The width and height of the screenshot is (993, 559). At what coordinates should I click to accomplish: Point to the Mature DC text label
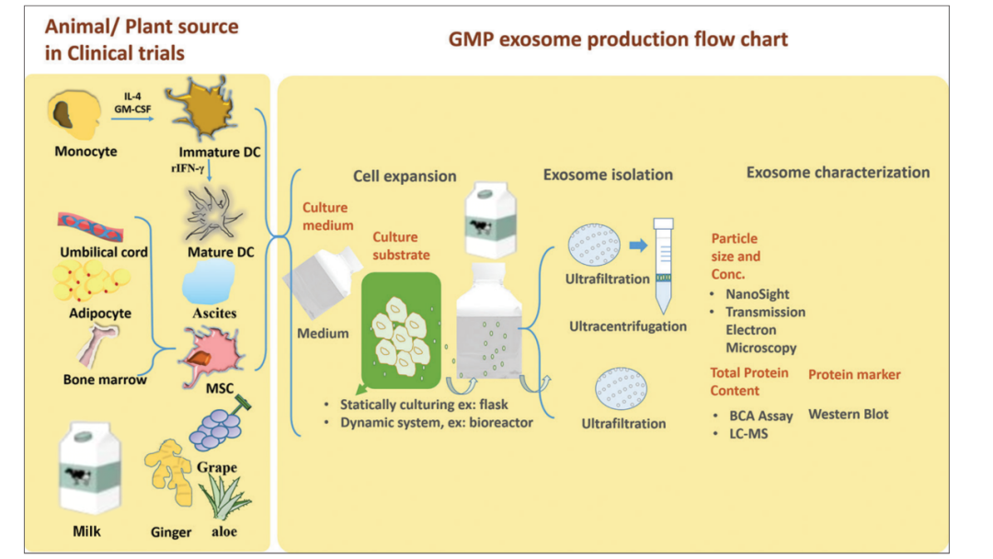[x=222, y=252]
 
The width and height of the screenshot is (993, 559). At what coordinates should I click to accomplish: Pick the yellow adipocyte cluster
[x=92, y=281]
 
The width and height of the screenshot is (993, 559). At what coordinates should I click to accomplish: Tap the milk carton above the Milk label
[x=90, y=470]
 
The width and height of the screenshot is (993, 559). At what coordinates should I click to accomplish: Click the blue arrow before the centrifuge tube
[x=637, y=246]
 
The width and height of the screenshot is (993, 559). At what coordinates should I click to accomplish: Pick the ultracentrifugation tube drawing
[x=663, y=265]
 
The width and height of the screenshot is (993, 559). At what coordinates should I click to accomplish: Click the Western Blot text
[x=848, y=414]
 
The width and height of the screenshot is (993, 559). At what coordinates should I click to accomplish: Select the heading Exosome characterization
[x=838, y=172]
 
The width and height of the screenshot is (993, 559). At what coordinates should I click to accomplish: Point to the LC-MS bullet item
[x=748, y=433]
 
